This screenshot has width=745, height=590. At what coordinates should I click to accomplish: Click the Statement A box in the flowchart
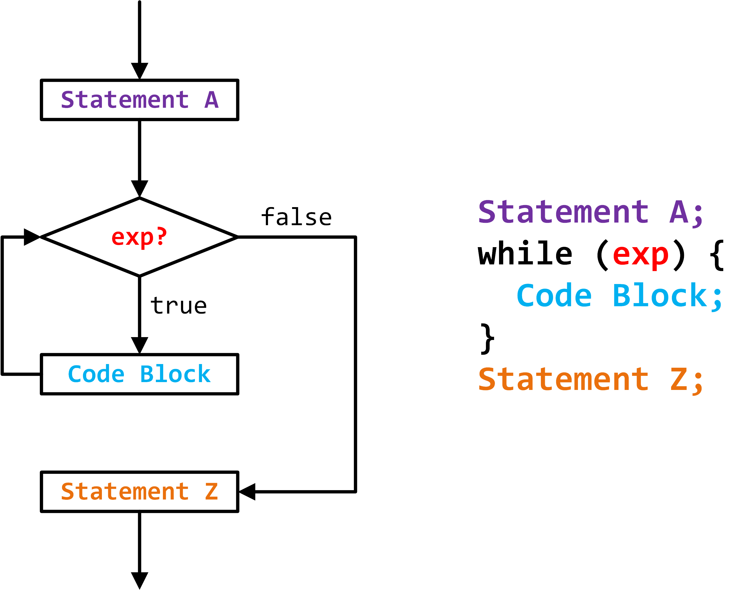coord(139,100)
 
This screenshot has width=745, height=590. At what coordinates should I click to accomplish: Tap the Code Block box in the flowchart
coord(139,374)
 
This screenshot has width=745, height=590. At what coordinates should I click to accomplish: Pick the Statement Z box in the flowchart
coord(139,492)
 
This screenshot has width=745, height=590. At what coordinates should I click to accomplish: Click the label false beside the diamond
coord(296,217)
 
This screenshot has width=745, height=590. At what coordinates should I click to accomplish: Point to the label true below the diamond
coord(178,306)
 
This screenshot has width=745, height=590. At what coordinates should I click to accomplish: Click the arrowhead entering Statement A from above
coord(139,70)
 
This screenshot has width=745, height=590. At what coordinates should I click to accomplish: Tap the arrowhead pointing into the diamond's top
coord(139,188)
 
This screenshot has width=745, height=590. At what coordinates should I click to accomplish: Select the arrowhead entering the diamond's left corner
coord(31,237)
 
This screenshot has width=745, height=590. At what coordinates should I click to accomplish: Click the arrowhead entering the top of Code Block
coord(139,345)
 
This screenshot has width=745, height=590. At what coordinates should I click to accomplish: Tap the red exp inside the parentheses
coord(640,255)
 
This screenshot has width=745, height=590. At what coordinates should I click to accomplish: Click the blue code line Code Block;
coord(618,296)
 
